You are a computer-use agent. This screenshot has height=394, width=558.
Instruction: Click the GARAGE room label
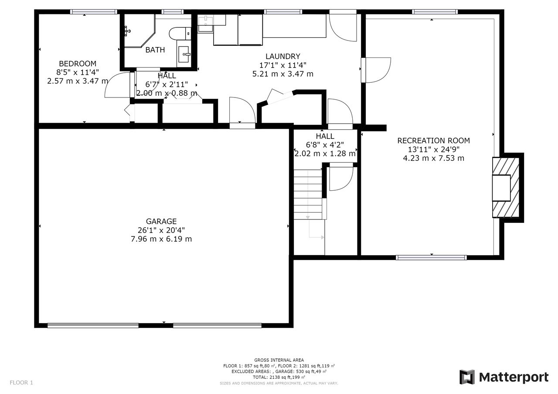tap(161, 221)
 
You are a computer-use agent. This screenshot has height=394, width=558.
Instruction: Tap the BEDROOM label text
tap(78, 64)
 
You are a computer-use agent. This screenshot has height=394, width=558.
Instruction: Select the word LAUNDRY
tap(283, 56)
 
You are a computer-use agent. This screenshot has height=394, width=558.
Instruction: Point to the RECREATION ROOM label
tap(433, 141)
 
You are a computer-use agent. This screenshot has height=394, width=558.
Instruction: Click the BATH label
tap(155, 50)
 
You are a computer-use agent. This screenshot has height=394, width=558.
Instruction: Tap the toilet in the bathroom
tap(180, 34)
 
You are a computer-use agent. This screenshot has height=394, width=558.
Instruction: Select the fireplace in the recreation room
tap(506, 188)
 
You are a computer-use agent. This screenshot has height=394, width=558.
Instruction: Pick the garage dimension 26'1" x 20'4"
tap(161, 230)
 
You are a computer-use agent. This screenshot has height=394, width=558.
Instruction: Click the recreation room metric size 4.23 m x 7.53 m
tap(433, 158)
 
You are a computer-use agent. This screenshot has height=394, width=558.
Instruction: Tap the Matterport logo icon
tap(467, 377)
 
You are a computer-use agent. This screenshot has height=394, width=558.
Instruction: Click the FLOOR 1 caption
tap(21, 383)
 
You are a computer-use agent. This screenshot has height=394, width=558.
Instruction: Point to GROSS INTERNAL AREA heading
tap(279, 360)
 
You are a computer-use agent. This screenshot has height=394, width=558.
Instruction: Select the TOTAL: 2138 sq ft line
tap(279, 377)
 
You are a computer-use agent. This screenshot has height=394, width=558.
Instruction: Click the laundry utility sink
tap(205, 24)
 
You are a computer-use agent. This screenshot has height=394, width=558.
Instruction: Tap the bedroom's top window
tap(93, 12)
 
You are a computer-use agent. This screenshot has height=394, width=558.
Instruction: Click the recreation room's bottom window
tap(431, 258)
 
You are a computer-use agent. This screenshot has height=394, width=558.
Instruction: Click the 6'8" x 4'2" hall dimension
tap(325, 145)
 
